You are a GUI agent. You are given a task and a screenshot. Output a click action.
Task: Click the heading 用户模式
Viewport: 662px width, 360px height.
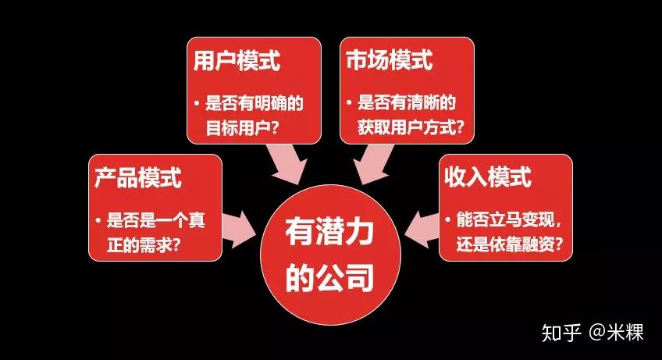tap(237, 61)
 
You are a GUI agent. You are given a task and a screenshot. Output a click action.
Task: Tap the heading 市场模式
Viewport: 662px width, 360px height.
tap(390, 59)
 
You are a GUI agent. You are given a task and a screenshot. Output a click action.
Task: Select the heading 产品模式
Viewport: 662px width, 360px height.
tap(138, 177)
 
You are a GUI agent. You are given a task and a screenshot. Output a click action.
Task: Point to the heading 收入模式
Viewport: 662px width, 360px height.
tap(488, 176)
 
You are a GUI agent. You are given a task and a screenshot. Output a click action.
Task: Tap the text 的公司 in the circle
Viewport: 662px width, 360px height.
tap(329, 277)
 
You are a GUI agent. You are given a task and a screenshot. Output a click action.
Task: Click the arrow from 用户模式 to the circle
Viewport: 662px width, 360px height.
tap(287, 164)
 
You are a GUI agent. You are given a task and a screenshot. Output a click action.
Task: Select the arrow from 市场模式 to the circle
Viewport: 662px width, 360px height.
tap(373, 164)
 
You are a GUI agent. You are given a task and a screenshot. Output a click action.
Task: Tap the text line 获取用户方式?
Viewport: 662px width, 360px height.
tap(411, 127)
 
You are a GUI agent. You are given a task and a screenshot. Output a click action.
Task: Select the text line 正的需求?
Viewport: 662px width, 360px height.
tap(144, 244)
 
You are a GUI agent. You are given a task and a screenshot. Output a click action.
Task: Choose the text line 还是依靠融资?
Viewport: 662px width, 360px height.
tap(510, 244)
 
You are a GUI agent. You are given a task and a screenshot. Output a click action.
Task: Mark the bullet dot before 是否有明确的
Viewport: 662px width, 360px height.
tap(197, 102)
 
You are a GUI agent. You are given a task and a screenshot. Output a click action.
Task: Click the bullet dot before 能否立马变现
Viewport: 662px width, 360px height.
tap(447, 219)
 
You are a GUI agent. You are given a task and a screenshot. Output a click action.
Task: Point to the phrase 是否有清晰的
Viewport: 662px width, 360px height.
tap(407, 102)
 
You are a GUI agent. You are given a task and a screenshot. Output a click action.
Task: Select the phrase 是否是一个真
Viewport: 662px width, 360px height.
tap(156, 220)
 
